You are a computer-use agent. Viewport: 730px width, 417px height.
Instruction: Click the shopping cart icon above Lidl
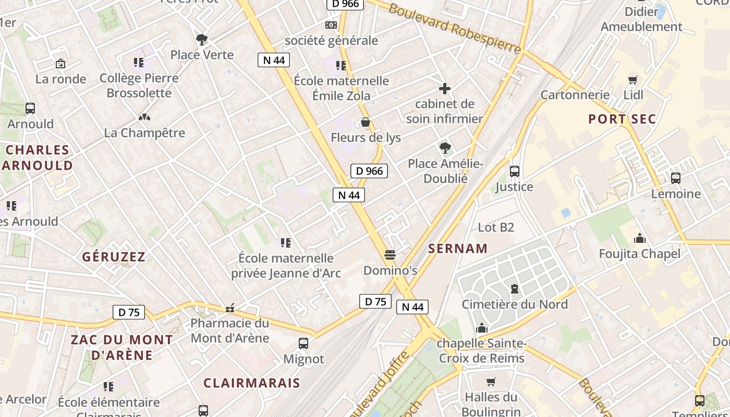(633, 80)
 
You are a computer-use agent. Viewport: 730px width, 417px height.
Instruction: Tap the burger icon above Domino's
(390, 255)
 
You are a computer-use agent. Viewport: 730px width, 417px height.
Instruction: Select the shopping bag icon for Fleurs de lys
(366, 122)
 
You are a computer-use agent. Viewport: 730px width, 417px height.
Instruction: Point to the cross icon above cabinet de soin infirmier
(445, 89)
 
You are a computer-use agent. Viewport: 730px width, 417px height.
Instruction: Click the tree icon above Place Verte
(202, 39)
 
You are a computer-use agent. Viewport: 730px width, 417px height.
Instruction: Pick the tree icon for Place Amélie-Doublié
(445, 148)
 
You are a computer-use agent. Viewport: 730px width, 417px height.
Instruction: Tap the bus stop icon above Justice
(515, 171)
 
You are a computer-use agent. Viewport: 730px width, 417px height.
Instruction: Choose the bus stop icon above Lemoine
(676, 178)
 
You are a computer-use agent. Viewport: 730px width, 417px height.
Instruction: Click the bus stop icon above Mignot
(303, 343)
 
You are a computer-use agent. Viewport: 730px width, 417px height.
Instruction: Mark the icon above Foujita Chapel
(640, 239)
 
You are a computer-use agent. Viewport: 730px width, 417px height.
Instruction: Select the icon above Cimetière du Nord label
(515, 289)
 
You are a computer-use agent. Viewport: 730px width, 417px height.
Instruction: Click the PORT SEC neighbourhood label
(622, 119)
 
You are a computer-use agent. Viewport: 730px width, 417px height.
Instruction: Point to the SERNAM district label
(458, 249)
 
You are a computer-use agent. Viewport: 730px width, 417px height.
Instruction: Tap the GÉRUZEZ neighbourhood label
(114, 256)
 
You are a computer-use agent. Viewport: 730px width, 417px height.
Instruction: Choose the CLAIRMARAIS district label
(252, 383)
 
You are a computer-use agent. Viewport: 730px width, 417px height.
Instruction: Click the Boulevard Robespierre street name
(454, 28)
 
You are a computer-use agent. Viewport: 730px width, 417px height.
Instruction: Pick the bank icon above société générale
(331, 25)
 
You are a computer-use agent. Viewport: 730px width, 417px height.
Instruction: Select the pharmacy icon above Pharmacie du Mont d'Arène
(230, 309)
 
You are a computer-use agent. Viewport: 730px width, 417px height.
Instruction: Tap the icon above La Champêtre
(144, 118)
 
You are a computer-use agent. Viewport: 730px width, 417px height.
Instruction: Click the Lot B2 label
(496, 227)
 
